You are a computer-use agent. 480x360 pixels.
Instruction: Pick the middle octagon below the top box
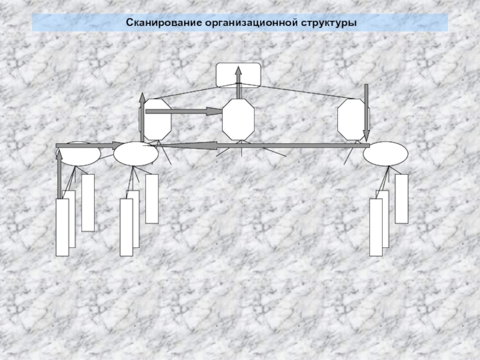238,120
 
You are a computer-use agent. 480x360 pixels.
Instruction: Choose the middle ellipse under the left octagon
136,154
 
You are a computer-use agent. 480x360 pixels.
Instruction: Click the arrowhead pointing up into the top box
238,70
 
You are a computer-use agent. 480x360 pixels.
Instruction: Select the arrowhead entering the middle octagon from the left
217,111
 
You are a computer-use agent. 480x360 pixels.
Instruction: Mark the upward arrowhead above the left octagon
142,98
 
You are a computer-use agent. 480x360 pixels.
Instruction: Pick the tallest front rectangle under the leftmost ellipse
62,227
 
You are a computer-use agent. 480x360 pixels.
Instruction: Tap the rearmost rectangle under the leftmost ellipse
88,202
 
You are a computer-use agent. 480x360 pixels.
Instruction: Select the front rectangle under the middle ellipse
126,227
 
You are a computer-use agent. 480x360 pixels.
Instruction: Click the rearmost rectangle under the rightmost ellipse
401,198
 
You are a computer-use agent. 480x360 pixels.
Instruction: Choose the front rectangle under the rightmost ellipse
376,227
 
